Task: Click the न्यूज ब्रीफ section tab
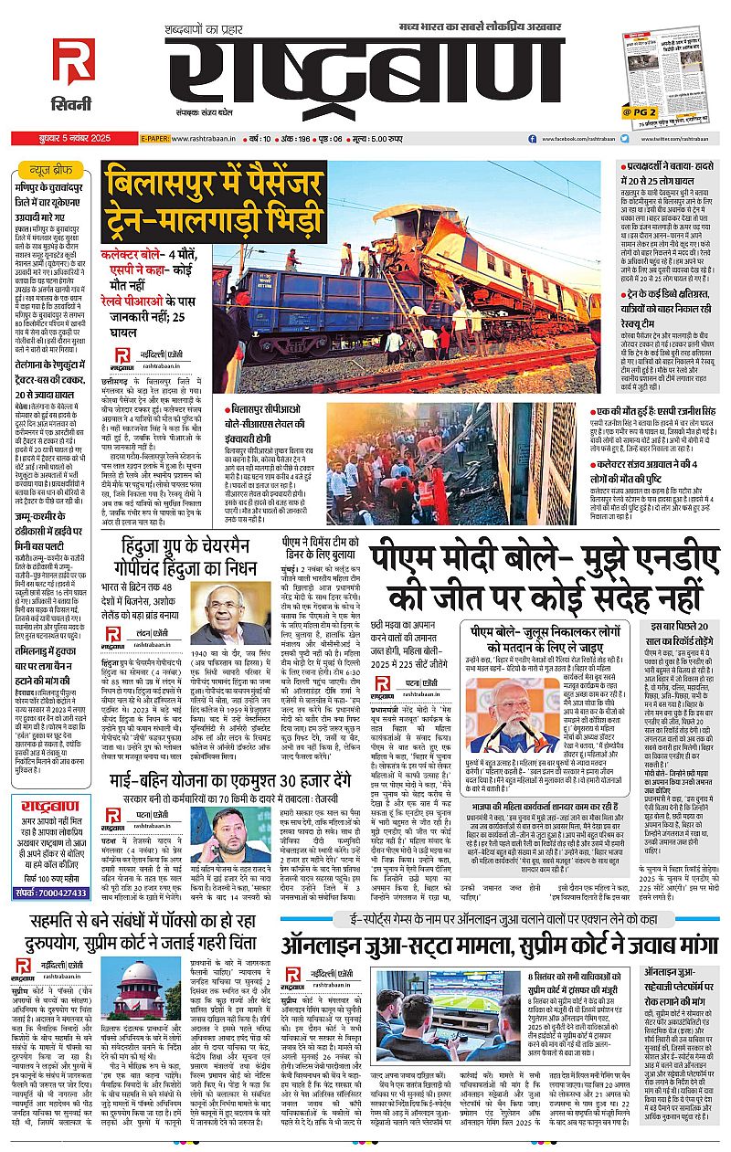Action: click(x=47, y=170)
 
